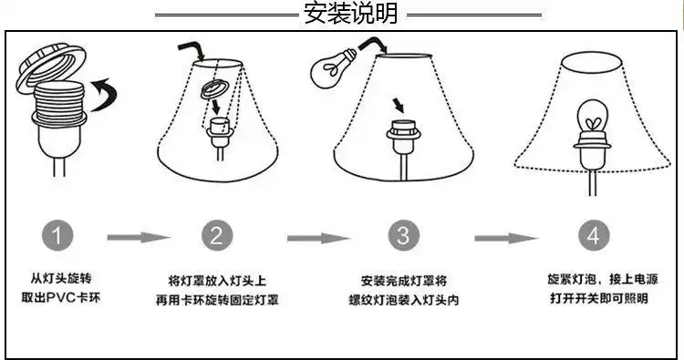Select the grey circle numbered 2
click(x=216, y=237)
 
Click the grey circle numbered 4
click(x=594, y=237)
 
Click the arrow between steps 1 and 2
click(x=138, y=238)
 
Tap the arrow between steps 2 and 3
click(x=318, y=238)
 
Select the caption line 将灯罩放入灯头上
click(x=217, y=280)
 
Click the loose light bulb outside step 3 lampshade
click(x=331, y=65)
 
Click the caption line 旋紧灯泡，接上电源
click(x=593, y=280)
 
